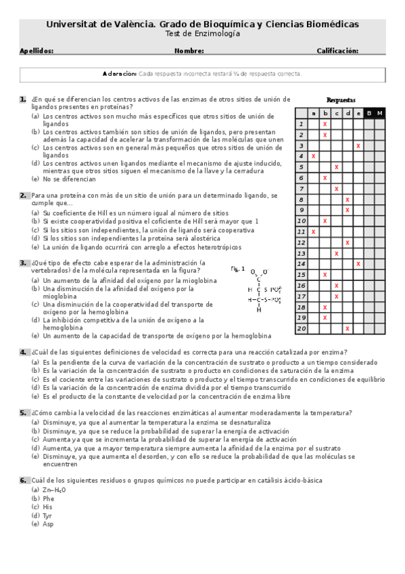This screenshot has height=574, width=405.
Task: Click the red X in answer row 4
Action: tap(314, 156)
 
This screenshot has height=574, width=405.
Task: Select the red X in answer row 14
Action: tap(358, 264)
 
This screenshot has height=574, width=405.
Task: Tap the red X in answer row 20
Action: tap(347, 328)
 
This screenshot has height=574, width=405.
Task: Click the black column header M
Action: tap(379, 113)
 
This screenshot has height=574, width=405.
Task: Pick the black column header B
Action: tap(368, 113)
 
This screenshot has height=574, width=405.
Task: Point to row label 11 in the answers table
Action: tap(302, 231)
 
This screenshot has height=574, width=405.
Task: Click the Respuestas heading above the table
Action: tap(340, 100)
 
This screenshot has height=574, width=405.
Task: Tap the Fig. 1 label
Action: tap(237, 269)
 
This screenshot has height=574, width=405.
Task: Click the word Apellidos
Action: tap(37, 51)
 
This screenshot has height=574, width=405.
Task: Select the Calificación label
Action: tap(337, 51)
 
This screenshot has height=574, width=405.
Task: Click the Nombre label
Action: tap(189, 51)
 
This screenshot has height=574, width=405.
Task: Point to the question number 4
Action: tap(23, 352)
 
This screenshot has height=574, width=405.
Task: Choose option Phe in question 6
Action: tap(48, 498)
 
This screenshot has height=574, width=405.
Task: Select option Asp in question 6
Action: tap(48, 524)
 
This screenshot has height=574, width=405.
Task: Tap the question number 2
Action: tap(23, 196)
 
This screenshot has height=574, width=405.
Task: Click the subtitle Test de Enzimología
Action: tap(202, 34)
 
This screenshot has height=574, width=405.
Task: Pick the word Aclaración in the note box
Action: tap(120, 74)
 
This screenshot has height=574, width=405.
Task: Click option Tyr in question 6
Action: tap(47, 515)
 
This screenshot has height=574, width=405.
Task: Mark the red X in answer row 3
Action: tap(358, 146)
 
